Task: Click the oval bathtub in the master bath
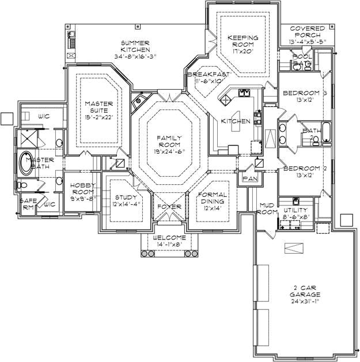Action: point(27,163)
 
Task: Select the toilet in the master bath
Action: point(21,185)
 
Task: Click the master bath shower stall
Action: point(25,139)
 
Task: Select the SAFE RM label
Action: point(28,204)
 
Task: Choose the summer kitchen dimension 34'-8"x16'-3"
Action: point(135,57)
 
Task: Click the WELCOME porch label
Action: point(169,238)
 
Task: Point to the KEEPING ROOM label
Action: point(243,43)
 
